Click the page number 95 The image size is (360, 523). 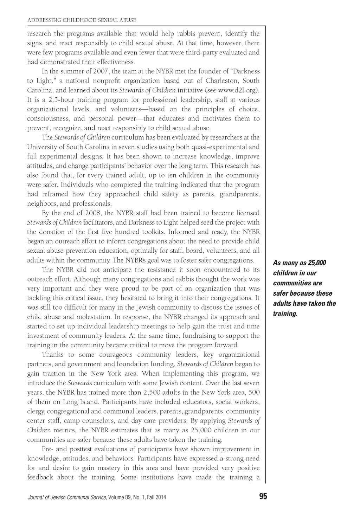[263, 497]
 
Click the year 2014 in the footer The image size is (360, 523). [161, 497]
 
